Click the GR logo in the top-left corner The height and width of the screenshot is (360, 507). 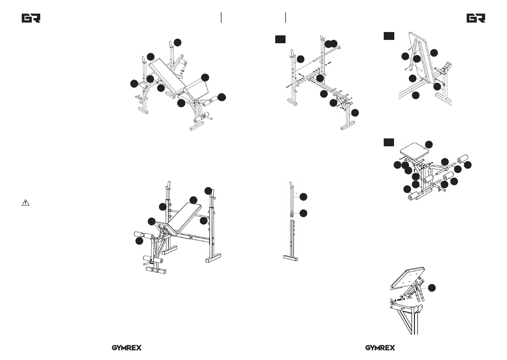tap(31, 18)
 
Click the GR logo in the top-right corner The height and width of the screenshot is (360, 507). tap(476, 18)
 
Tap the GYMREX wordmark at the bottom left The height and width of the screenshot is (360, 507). tap(127, 348)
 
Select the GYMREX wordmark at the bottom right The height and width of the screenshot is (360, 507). tap(380, 348)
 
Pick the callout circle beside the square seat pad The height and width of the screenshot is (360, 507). tap(429, 144)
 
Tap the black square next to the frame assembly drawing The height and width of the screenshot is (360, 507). tap(280, 39)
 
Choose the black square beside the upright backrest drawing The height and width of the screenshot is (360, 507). tap(389, 36)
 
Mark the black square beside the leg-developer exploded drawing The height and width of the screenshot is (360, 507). tap(389, 142)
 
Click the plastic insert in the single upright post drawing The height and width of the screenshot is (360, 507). tap(292, 215)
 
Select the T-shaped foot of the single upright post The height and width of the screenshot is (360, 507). tap(291, 258)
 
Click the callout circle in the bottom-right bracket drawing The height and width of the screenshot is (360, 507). tap(432, 288)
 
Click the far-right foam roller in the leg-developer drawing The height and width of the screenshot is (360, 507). tap(463, 159)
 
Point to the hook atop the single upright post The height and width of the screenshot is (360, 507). tap(291, 185)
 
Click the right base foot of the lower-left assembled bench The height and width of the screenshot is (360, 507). tap(213, 259)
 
